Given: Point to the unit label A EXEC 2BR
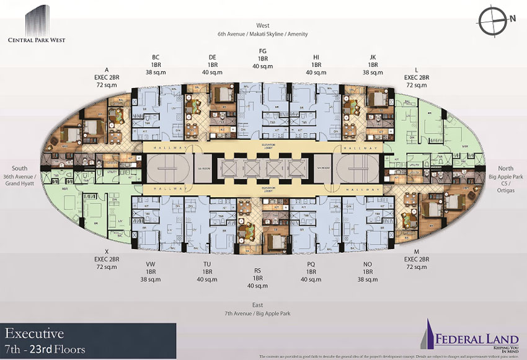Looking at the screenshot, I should click(x=106, y=78).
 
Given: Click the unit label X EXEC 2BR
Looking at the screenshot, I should click(x=106, y=260).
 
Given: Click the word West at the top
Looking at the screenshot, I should click(x=263, y=25).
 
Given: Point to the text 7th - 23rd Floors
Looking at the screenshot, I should click(x=45, y=349).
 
